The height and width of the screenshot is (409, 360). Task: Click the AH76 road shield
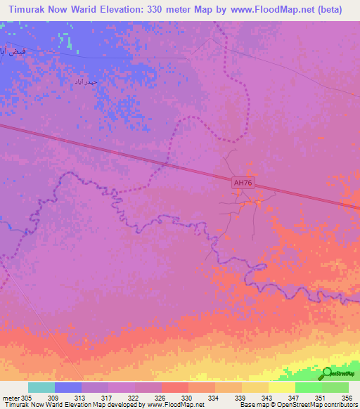pyautogui.click(x=243, y=183)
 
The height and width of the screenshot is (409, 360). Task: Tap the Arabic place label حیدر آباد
pyautogui.click(x=88, y=82)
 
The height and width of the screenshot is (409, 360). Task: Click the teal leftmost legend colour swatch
pyautogui.click(x=41, y=387)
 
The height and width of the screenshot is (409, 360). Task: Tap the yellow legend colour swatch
pyautogui.click(x=281, y=387)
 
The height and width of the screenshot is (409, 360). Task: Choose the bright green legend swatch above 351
pyautogui.click(x=308, y=387)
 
